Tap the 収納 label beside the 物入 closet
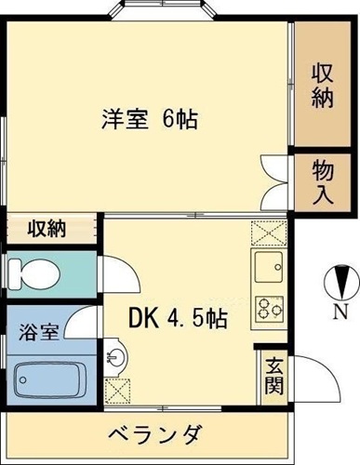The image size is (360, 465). point(322,86)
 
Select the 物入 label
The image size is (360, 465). point(322,181)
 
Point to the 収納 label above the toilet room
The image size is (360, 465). point(46,229)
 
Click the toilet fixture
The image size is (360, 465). point(33,272)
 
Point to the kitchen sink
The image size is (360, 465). point(270,265)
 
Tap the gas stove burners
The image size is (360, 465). point(270,308)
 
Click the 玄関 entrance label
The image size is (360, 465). point(273,374)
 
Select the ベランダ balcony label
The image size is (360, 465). point(154,434)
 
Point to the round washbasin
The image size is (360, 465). point(115,356)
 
